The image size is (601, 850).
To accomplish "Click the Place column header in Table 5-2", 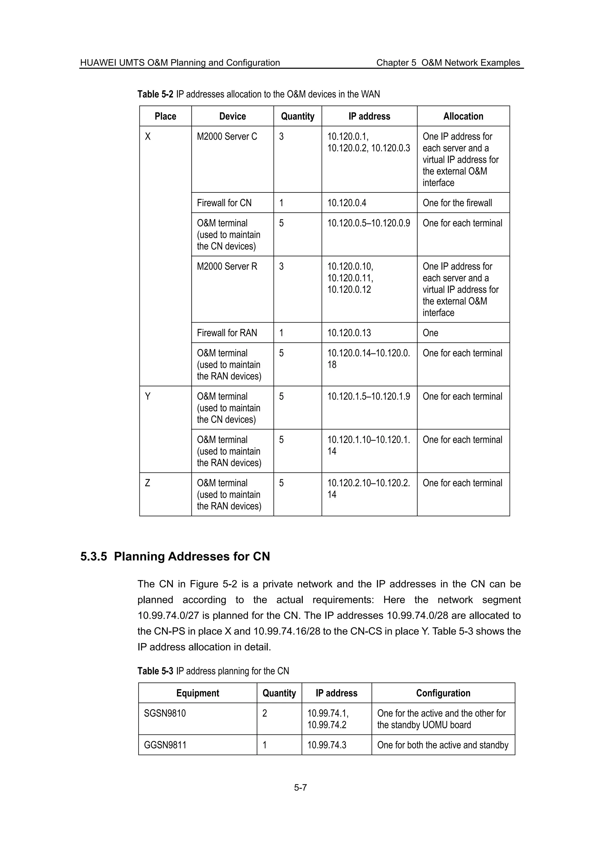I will coord(165,116).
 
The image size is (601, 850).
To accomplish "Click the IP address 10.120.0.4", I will coord(347,203).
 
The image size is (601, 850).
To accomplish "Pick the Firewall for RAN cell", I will coord(227,333).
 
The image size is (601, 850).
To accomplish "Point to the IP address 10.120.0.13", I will coord(349,333).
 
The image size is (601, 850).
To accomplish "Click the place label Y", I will coord(148,397).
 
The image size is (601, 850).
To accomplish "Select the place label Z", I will coord(147,483).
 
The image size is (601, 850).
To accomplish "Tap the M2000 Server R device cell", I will coord(227,267).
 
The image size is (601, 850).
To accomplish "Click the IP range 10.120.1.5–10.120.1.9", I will coord(369,397).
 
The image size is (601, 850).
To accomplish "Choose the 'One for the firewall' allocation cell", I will coord(457,203).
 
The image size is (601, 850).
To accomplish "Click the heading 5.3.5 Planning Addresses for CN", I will coord(175,556).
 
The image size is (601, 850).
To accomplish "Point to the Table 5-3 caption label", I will coord(155,671).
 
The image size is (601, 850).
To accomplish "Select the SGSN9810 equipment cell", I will coord(165,713).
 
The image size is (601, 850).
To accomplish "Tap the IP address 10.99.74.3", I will coord(327,745).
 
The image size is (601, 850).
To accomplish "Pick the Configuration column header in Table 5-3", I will coord(443,693).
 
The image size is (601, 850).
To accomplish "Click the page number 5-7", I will coord(300,788).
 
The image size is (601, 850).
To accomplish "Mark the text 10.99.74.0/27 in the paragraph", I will coord(168,616).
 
